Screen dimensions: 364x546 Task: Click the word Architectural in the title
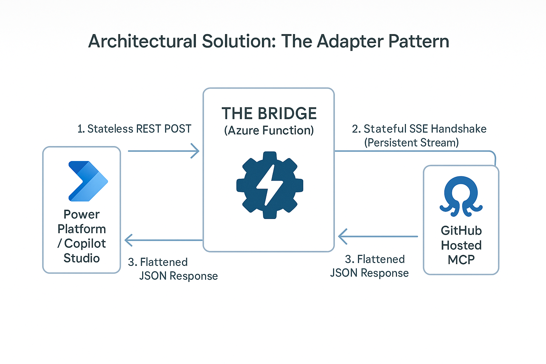143,41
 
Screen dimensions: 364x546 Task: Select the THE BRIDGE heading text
269,113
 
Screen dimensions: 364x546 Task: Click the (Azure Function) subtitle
269,130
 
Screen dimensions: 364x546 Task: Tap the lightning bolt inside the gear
269,185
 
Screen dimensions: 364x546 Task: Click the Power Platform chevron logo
88,181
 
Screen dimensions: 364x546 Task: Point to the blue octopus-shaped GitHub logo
461,197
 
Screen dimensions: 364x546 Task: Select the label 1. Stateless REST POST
134,129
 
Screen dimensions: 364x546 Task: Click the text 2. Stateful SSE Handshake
419,129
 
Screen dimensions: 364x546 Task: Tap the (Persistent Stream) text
411,143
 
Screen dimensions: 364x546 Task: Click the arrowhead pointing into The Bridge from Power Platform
195,151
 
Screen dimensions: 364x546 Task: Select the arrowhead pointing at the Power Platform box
129,240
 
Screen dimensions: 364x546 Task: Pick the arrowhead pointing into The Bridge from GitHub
342,236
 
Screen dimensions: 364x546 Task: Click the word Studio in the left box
81,258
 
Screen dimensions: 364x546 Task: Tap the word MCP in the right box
461,260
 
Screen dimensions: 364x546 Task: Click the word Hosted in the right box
461,245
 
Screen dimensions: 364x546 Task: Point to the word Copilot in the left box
85,243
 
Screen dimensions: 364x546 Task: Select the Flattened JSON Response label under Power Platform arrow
173,269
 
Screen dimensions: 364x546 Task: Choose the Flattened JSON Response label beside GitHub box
370,266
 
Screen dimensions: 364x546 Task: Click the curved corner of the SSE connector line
493,154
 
